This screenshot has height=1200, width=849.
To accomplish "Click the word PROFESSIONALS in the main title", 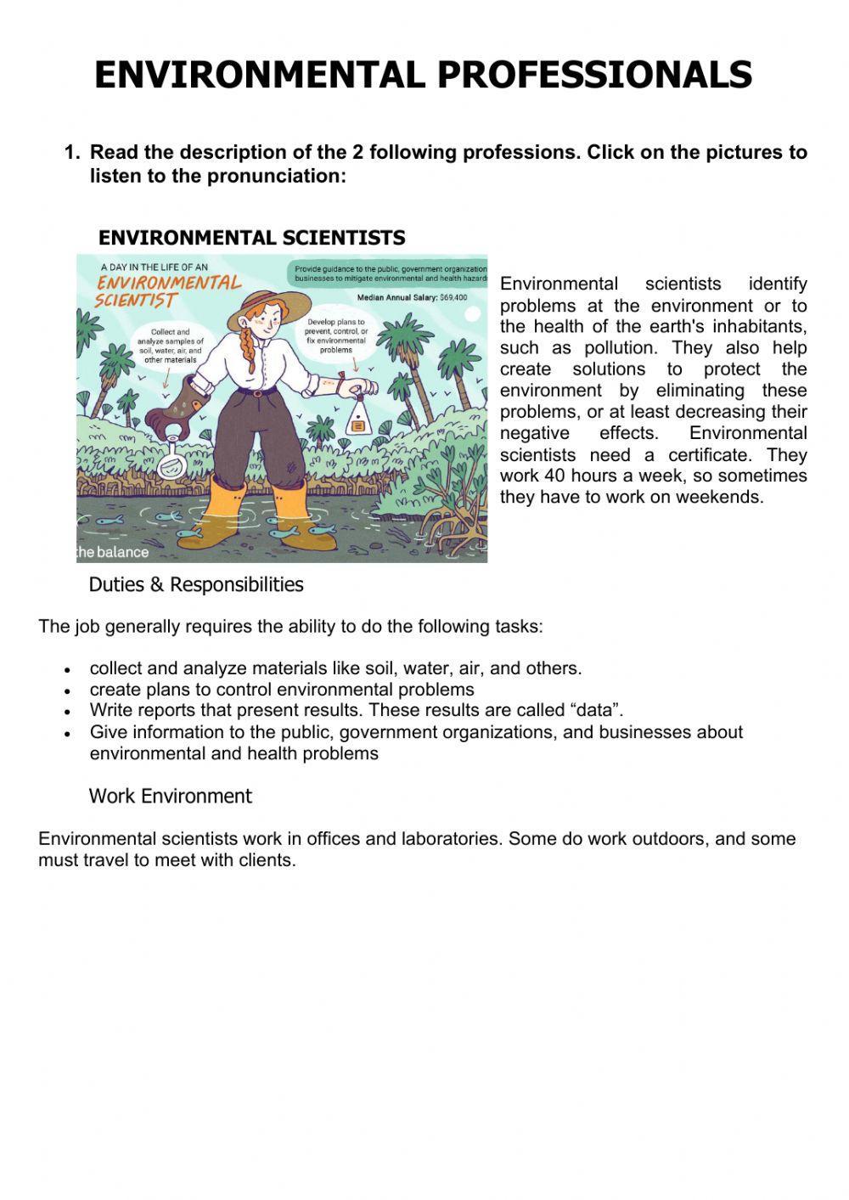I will [x=594, y=75].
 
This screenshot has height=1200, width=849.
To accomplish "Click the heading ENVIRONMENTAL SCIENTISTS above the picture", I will [x=251, y=238].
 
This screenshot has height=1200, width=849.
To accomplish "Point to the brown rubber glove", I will [x=173, y=405].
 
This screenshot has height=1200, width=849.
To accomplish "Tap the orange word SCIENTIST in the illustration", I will [x=135, y=301].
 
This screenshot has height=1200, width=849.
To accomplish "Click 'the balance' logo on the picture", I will [x=113, y=552].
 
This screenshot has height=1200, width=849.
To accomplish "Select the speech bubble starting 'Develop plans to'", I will [x=336, y=335].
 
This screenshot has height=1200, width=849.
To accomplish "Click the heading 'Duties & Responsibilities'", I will [x=195, y=585].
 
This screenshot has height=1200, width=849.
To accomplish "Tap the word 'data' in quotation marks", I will [x=599, y=710].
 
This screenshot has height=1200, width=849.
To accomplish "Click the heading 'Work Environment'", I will [x=170, y=797].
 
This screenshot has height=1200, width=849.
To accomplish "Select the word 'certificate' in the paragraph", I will [x=713, y=454].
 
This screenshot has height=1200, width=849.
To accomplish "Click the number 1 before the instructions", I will [x=70, y=153].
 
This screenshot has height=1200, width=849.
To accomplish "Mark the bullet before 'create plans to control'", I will [x=68, y=690].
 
